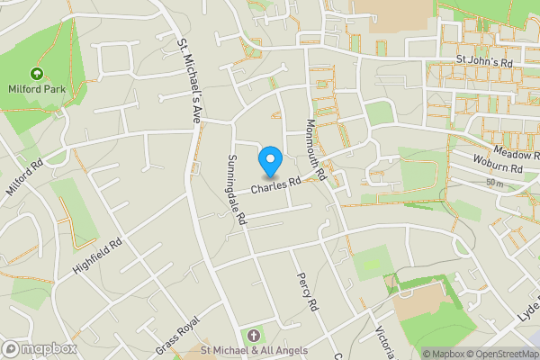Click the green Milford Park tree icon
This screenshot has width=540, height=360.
[x=37, y=73]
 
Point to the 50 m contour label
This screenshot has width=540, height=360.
[x=493, y=183]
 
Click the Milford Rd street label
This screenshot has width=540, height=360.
[x=25, y=178]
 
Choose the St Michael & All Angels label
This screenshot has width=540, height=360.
[x=254, y=350]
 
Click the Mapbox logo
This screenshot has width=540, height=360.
[x=38, y=348]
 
